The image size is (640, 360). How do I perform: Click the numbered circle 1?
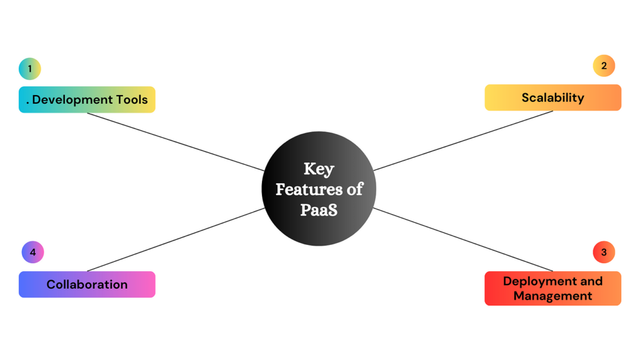30,69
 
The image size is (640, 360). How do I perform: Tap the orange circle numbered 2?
604,66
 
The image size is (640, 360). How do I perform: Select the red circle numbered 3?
604,252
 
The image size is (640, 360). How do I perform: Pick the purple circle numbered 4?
32,252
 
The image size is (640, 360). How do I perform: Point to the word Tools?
132,99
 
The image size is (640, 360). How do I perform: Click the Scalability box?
552,97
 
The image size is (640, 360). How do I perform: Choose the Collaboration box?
87,284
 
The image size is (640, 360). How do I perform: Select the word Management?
552,296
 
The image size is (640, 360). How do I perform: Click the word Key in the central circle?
319,169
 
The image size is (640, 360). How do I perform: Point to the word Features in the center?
309,189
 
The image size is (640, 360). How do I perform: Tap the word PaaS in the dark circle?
319,210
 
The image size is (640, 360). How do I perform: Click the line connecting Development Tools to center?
176,142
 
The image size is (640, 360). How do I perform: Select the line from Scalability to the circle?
463,141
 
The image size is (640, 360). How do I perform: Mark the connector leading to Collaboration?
176,239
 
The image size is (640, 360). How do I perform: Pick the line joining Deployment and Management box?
463,239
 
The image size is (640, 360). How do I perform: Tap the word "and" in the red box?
591,281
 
